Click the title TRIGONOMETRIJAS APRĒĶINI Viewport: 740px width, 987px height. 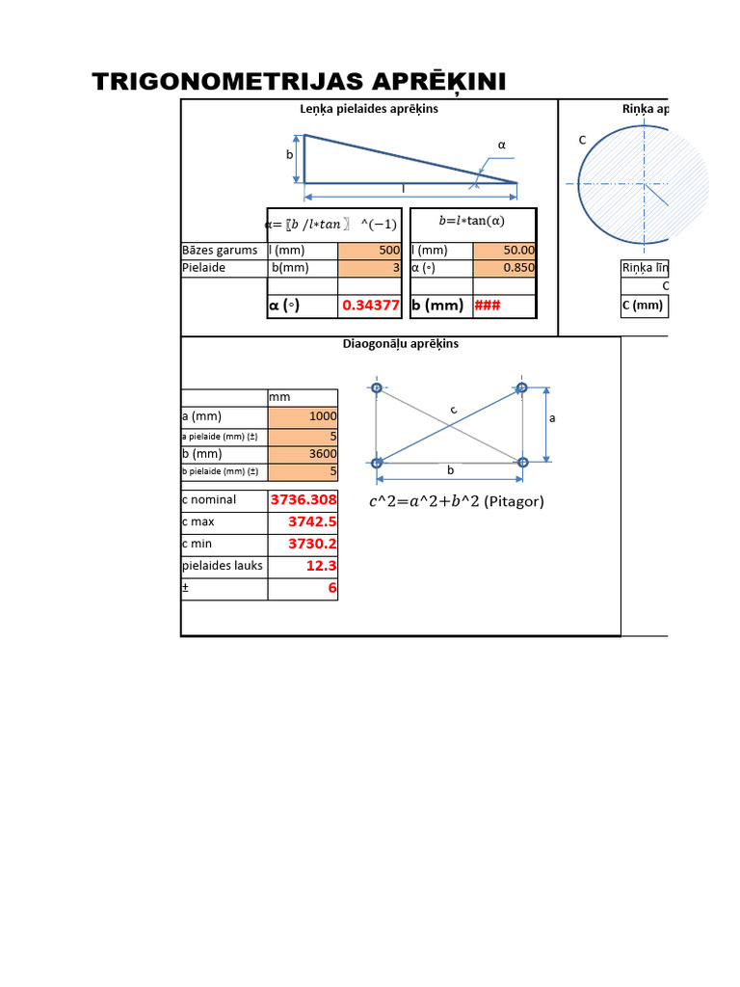299,82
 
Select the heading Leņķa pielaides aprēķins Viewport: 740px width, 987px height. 369,109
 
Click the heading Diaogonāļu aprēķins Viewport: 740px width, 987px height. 401,343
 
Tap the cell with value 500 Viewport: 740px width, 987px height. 370,250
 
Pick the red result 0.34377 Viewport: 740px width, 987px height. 371,306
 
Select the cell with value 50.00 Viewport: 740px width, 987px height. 504,250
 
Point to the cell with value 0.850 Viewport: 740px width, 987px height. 504,267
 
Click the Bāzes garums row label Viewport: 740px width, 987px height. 221,250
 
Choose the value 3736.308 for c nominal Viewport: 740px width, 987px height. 303,500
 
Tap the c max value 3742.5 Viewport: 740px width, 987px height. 303,521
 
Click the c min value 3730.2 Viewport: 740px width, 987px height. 303,544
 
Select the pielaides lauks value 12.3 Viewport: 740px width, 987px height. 303,566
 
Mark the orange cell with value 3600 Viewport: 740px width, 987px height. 303,454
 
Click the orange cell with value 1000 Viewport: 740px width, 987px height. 303,416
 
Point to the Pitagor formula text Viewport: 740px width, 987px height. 457,501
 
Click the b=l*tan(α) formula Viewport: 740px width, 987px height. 472,220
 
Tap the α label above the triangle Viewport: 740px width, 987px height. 501,145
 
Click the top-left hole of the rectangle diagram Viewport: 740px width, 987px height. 377,388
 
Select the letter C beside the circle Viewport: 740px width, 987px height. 582,141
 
